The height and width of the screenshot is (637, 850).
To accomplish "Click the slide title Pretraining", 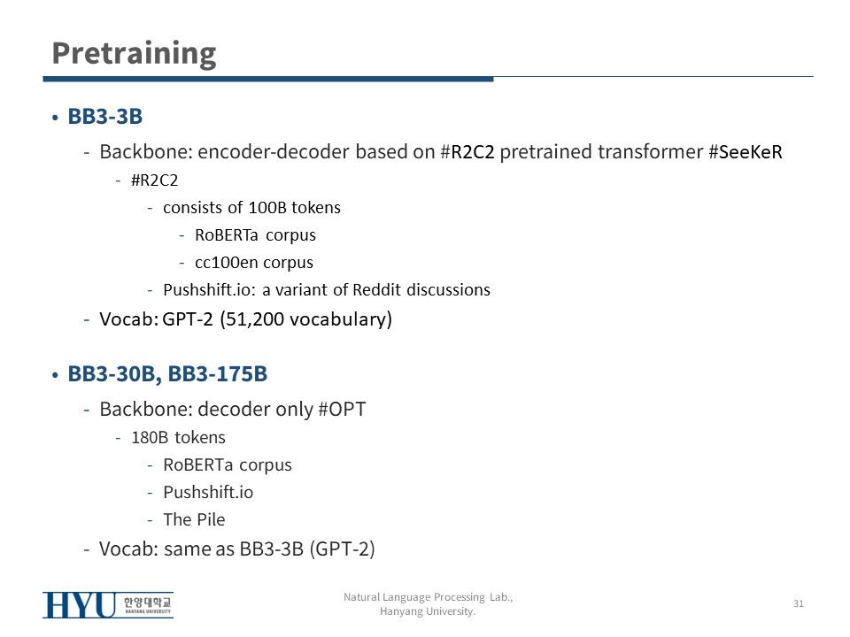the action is point(134,54).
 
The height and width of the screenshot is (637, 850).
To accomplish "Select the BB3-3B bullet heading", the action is point(105,117).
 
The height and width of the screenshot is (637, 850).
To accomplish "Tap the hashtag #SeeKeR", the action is point(746,151).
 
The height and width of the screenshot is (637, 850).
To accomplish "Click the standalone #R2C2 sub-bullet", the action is point(154,180).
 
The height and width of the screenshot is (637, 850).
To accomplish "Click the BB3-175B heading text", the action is point(218,373).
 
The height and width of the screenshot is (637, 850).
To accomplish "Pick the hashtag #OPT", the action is point(342,409).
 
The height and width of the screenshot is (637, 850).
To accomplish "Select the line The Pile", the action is point(194,519).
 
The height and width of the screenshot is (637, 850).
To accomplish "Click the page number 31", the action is point(799,603).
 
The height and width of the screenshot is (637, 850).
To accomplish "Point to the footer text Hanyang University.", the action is point(427,611).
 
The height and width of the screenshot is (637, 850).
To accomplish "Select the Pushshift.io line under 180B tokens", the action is point(208,493).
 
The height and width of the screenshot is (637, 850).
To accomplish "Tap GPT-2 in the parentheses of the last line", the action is point(342,549).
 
